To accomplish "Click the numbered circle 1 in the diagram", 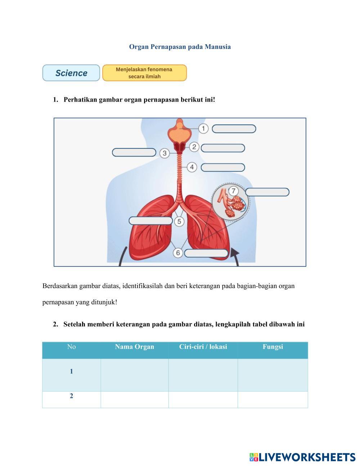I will tap(203, 129).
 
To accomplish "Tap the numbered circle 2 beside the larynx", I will tap(194, 147).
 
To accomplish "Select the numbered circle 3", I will tap(165, 153).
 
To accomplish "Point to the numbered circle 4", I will tap(192, 167).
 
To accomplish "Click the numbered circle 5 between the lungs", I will tap(179, 221).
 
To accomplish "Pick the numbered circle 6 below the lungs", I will tap(178, 253).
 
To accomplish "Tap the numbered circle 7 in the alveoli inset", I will tap(233, 191).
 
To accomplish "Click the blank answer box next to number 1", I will tap(234, 129).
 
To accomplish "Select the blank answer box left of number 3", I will tap(134, 152).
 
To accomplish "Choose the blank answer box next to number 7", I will tap(267, 192).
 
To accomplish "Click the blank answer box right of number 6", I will tap(206, 253).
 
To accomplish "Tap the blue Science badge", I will tap(71, 73).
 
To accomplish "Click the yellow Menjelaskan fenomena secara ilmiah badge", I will tap(144, 73).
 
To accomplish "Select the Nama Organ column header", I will tap(134, 347).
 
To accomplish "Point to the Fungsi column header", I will tap(273, 347).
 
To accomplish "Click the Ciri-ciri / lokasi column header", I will tap(203, 347).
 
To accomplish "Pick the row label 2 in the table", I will tap(71, 396).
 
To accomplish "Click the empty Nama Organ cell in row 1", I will tap(134, 375).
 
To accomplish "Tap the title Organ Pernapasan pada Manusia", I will tap(180, 47).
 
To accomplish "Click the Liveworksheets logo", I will tap(302, 457).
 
